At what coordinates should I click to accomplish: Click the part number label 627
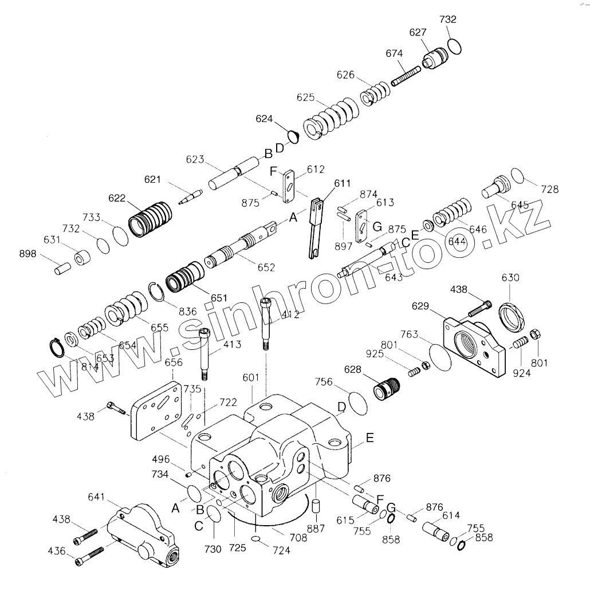[x=418, y=33]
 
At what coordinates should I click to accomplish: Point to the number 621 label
[x=153, y=180]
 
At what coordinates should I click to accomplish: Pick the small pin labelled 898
[x=62, y=267]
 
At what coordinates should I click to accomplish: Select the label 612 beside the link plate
[x=316, y=170]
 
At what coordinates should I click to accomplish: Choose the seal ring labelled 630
[x=511, y=316]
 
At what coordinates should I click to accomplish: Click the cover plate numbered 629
[x=474, y=346]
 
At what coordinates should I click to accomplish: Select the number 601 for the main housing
[x=251, y=378]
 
